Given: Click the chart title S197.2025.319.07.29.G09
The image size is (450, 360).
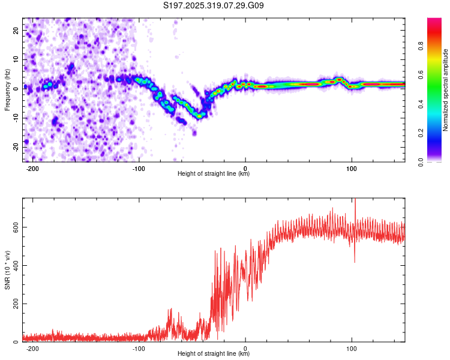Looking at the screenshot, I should (x=214, y=5).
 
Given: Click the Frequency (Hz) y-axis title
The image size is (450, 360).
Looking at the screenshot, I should (x=7, y=89).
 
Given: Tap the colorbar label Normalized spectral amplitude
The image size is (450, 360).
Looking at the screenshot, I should (x=446, y=90).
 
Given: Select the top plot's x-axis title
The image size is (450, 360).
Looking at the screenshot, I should (x=214, y=173).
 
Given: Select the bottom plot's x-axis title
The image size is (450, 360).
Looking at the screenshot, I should (x=214, y=353).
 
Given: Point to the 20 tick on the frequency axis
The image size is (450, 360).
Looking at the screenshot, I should (x=16, y=30).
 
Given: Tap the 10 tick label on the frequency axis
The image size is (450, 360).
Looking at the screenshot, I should (x=16, y=59).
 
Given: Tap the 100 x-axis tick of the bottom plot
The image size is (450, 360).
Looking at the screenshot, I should (x=352, y=348).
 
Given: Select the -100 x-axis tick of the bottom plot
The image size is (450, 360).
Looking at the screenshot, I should (x=139, y=348).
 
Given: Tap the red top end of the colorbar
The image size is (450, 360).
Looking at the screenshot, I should (x=434, y=21).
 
